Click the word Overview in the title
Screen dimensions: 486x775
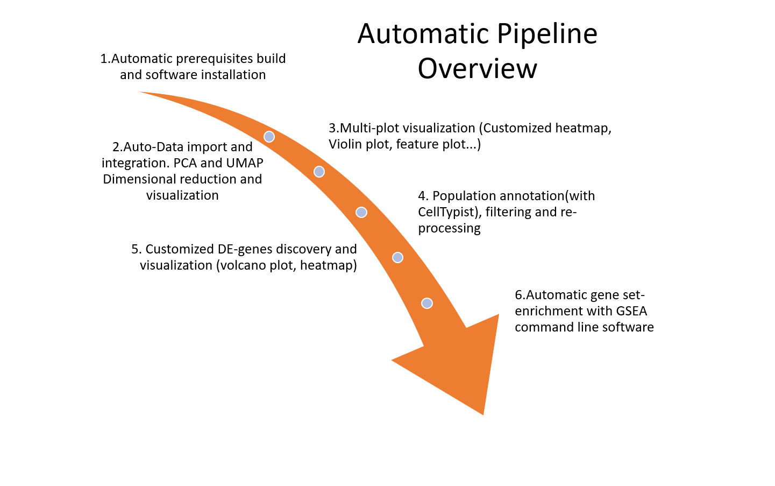pyautogui.click(x=477, y=69)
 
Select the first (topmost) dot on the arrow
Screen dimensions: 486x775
pyautogui.click(x=269, y=137)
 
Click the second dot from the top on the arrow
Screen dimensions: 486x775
pyautogui.click(x=319, y=172)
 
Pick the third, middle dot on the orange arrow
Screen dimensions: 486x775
pyautogui.click(x=361, y=212)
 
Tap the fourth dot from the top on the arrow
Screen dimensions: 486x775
pyautogui.click(x=397, y=257)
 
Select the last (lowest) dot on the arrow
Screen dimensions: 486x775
pyautogui.click(x=427, y=303)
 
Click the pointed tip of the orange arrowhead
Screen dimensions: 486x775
pyautogui.click(x=483, y=413)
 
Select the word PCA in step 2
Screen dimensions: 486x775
pyautogui.click(x=185, y=163)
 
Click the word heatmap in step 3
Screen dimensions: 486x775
pyautogui.click(x=583, y=128)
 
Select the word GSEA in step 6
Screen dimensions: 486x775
pyautogui.click(x=631, y=311)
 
